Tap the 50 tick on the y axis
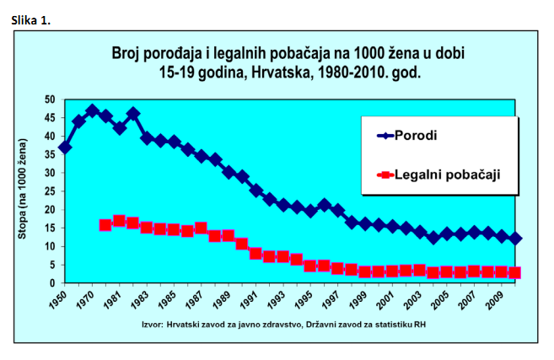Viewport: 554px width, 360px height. click(49, 99)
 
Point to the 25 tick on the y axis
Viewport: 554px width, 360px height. click(49, 191)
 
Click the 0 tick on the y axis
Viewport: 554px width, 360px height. click(51, 282)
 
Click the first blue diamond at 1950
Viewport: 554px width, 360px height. click(65, 148)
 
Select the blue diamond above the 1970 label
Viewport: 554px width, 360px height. click(92, 111)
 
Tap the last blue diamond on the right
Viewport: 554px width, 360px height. click(514, 239)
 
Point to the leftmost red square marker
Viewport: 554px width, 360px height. click(105, 225)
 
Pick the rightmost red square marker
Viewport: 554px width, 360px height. click(514, 272)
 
